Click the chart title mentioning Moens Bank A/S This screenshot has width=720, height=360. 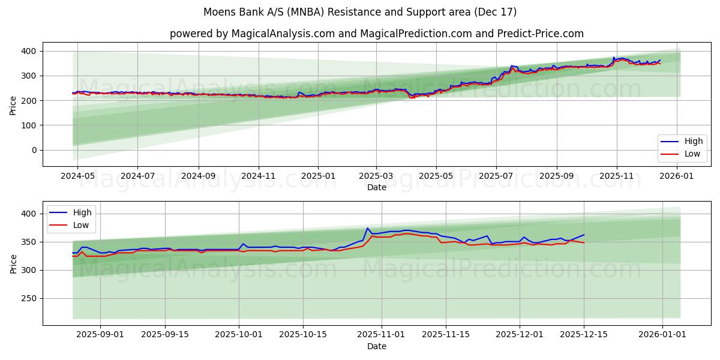[x=360, y=12]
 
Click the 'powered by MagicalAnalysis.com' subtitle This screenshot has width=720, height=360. [x=376, y=34]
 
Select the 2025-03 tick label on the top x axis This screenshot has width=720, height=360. [x=376, y=176]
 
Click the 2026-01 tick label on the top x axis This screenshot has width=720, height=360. [x=677, y=176]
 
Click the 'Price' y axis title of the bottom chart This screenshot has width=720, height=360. [x=14, y=263]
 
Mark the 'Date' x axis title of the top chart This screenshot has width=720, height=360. [x=376, y=187]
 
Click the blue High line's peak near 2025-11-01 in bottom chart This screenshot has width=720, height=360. [x=367, y=228]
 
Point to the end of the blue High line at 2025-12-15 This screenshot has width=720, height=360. [x=584, y=235]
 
